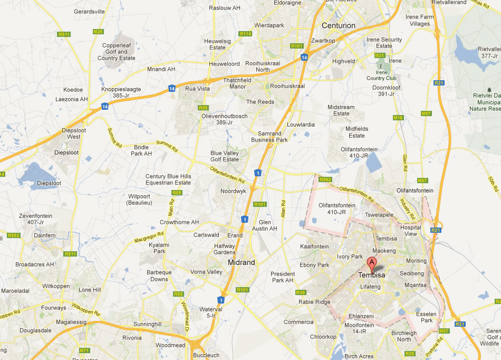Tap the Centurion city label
(339, 25)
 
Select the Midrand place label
(242, 262)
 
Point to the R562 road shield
(325, 180)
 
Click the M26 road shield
(98, 32)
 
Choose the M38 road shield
(301, 292)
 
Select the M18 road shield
(398, 118)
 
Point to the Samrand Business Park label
(269, 137)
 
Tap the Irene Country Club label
(381, 75)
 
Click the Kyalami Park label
(158, 248)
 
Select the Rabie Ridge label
(314, 302)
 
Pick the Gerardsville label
(90, 11)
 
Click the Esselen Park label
(425, 317)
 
